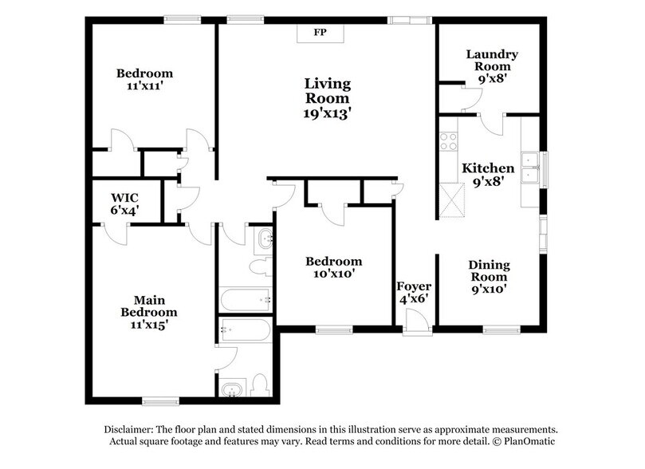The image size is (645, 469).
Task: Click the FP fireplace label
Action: point(319,33)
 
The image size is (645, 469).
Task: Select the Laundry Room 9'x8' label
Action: point(492,67)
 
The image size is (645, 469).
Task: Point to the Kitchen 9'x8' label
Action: point(488,175)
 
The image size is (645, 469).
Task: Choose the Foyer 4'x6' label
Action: point(415,293)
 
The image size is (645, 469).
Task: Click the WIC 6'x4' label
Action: point(124,203)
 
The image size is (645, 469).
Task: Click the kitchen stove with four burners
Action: point(447,141)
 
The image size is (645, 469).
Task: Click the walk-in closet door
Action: point(116,233)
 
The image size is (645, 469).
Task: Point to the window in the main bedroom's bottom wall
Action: point(159,401)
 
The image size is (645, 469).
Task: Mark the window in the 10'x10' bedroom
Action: point(334,329)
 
